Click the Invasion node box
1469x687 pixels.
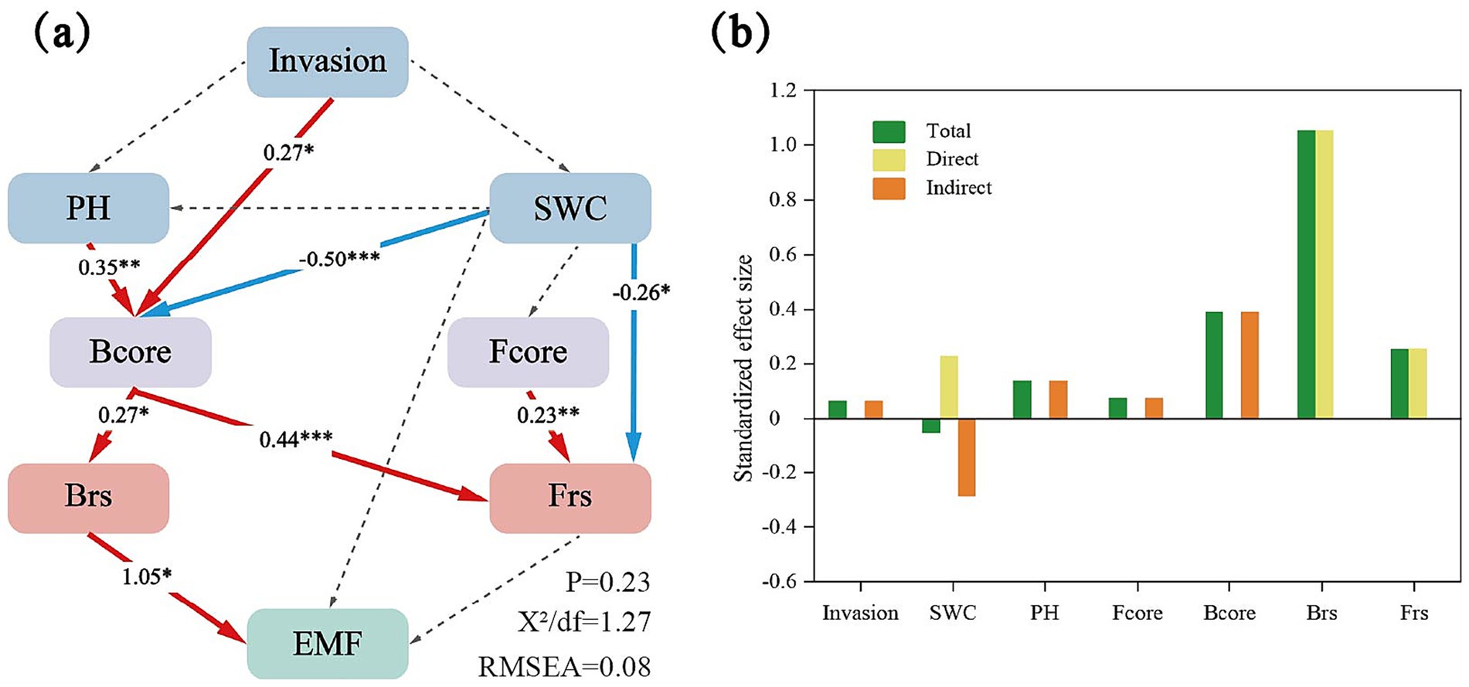coord(328,62)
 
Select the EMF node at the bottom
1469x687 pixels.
coord(328,643)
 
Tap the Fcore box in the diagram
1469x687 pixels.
coord(528,352)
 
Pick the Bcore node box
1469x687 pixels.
coord(131,352)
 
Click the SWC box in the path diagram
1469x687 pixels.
coord(570,208)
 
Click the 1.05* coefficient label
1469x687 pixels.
coord(146,576)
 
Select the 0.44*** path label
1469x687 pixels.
coord(296,440)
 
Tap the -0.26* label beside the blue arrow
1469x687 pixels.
coord(641,292)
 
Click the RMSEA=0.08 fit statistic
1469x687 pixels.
coord(564,666)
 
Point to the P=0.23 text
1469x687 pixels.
coord(607,582)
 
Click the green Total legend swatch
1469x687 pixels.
coord(889,131)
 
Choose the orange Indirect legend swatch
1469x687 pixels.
coord(889,189)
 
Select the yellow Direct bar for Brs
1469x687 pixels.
coord(1324,274)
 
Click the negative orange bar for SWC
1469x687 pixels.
coord(966,457)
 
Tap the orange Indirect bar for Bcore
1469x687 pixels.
coord(1250,365)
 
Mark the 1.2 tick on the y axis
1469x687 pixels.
coord(783,90)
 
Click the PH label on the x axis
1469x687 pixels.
coord(1044,614)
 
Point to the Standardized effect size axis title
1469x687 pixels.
coord(743,368)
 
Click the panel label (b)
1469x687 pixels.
coord(740,32)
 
